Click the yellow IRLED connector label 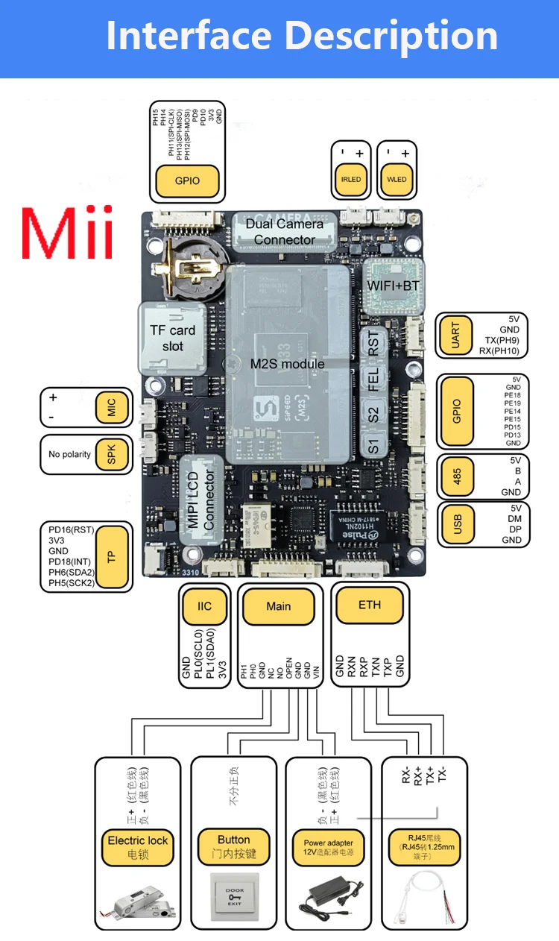click(x=351, y=180)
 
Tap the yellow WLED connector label click(x=397, y=180)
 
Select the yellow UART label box click(x=455, y=336)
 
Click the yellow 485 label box click(x=455, y=476)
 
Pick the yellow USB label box click(x=455, y=525)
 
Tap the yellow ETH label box click(x=369, y=605)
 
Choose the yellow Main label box click(x=279, y=607)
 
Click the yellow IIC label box click(x=204, y=607)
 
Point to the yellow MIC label click(x=111, y=407)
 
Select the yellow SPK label click(x=111, y=454)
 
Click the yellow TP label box click(x=111, y=556)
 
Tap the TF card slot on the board click(x=172, y=339)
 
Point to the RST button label click(x=374, y=346)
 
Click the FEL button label click(x=374, y=379)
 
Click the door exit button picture click(x=235, y=893)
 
